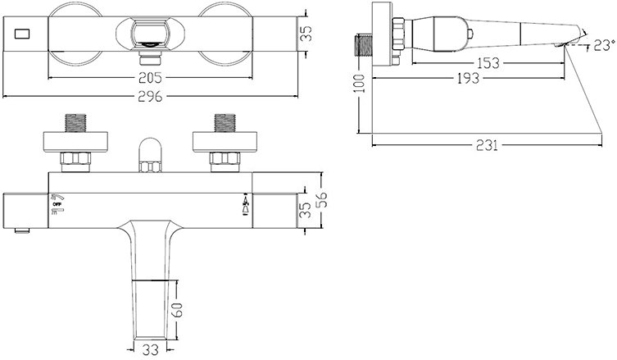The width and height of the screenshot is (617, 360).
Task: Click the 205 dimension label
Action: click(x=150, y=78)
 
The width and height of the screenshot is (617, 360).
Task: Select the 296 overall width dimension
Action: click(x=150, y=96)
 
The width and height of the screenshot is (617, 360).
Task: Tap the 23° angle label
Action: click(x=604, y=45)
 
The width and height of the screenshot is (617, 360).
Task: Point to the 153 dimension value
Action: click(x=488, y=63)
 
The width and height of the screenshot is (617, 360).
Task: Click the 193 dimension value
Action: click(x=468, y=78)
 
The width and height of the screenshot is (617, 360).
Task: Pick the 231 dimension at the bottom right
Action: click(x=487, y=145)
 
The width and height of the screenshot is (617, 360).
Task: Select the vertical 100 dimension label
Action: click(x=359, y=83)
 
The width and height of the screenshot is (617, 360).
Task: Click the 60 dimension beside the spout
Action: click(x=178, y=309)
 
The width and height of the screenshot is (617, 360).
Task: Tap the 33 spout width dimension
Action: click(x=150, y=349)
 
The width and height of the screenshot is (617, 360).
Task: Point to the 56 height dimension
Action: click(x=321, y=200)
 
